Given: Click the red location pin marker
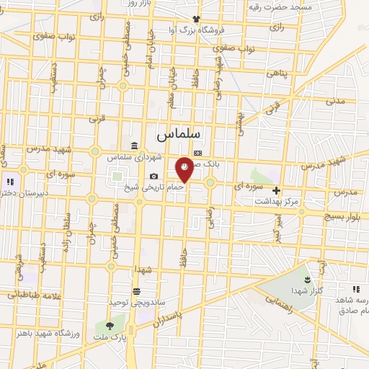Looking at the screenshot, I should coord(184,169).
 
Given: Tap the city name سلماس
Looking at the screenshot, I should coord(179,134).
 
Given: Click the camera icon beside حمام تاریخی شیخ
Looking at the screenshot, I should coord(154,177).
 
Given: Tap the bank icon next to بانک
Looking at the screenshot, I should coord(198,154).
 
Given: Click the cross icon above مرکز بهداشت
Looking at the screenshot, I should coord(276,190).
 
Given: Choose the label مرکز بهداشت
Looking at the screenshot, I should coord(276,201).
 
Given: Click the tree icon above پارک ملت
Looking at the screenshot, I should coord(110,326).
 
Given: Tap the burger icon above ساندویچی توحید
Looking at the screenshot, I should coord(136,291).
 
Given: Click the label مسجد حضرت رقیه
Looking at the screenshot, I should coord(280,6).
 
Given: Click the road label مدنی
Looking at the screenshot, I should coord(337,102).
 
